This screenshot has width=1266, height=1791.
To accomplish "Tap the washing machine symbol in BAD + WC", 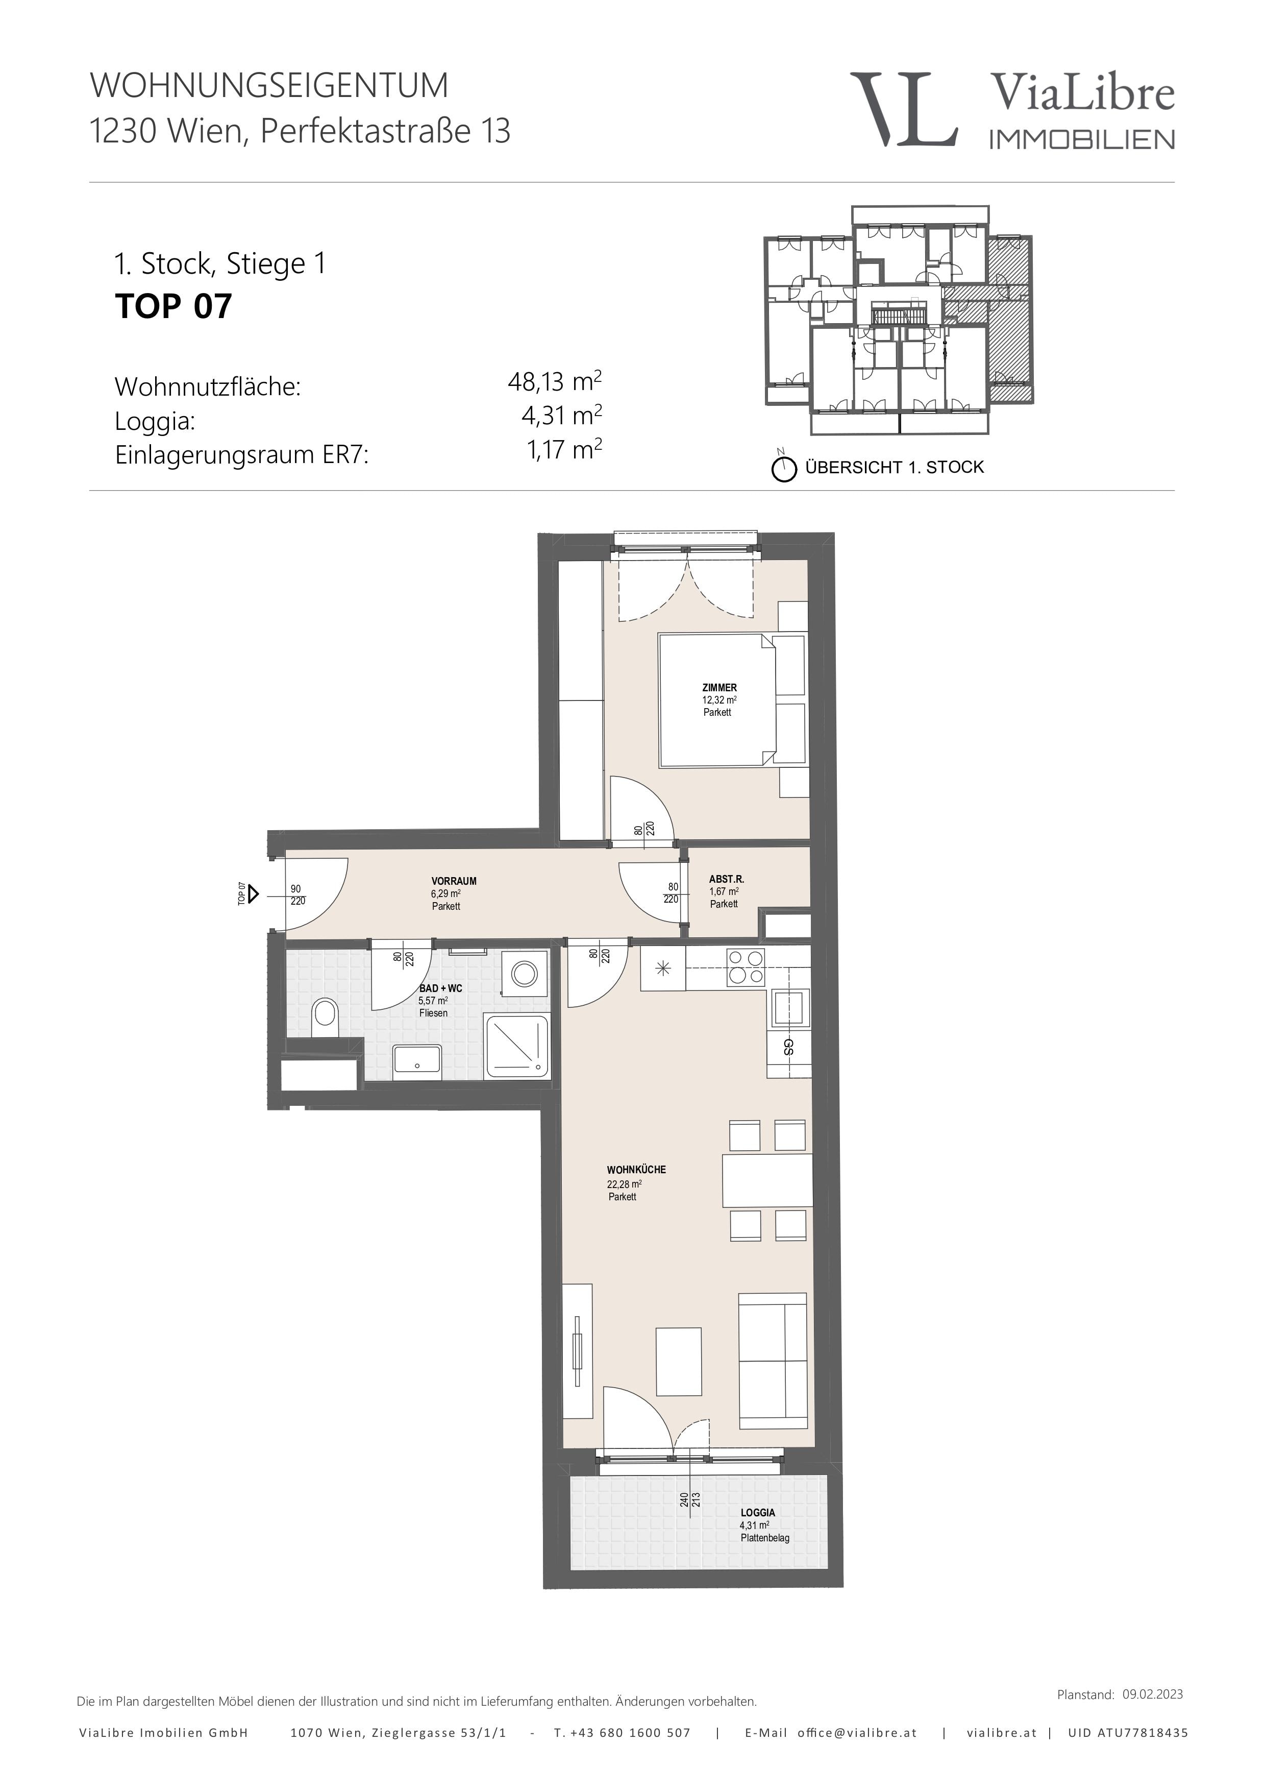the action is [523, 974].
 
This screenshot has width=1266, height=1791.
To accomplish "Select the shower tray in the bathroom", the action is [517, 1047].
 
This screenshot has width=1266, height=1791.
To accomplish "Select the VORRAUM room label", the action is [454, 881].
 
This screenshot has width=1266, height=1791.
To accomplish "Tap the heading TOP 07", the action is [174, 306].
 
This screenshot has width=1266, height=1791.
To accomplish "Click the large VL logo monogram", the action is [904, 109].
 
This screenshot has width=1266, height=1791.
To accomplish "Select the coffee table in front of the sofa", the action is [679, 1361].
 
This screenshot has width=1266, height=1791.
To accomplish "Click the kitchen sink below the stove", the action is [790, 1009].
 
